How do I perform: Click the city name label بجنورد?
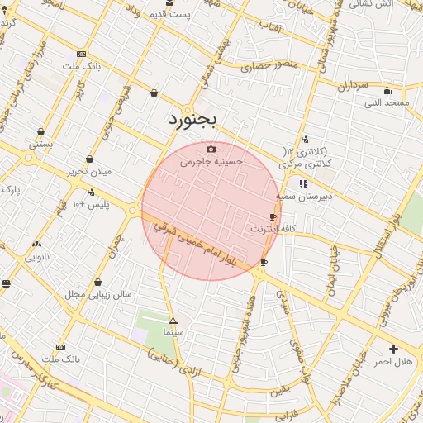(x=192, y=121)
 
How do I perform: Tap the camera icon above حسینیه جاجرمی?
(x=211, y=150)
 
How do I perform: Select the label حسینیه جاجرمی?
(x=212, y=163)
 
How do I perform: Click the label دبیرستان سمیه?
(x=304, y=196)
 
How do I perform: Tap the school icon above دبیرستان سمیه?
(x=303, y=183)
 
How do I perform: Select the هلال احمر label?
(x=393, y=362)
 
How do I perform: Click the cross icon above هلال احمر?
(x=393, y=349)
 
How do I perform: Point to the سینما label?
(x=173, y=332)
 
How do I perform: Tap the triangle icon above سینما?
(x=173, y=321)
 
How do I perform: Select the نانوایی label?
(x=37, y=257)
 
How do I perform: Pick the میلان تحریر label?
(x=88, y=172)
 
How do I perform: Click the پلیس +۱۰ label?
(x=92, y=203)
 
